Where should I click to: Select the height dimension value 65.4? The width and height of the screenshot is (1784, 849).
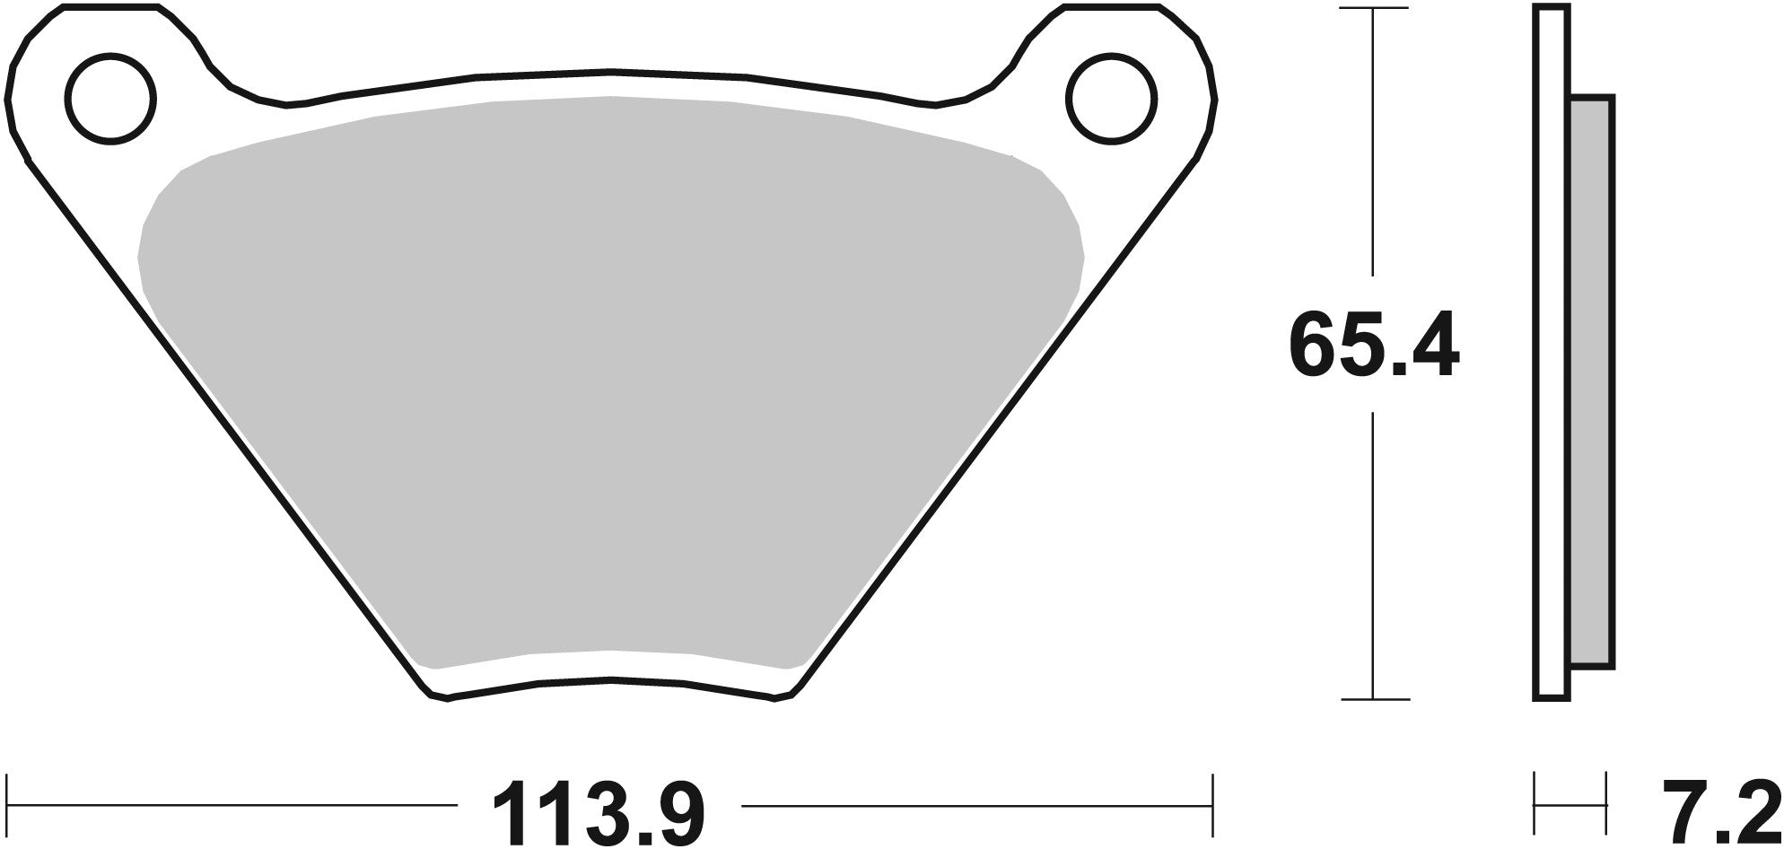pyautogui.click(x=1373, y=345)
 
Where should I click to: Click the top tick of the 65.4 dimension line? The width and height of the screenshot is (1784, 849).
pyautogui.click(x=1373, y=9)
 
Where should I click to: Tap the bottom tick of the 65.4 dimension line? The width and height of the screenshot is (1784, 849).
pyautogui.click(x=1373, y=699)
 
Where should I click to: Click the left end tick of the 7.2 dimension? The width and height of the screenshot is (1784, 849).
pyautogui.click(x=1535, y=804)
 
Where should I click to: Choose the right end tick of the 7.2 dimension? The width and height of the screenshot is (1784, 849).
pyautogui.click(x=1605, y=804)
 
